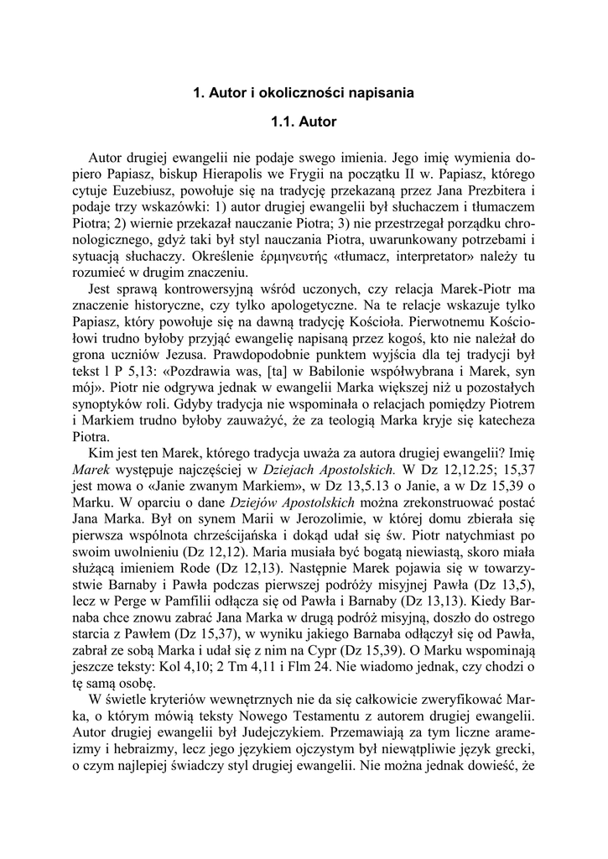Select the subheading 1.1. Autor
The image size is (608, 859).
tap(304, 122)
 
